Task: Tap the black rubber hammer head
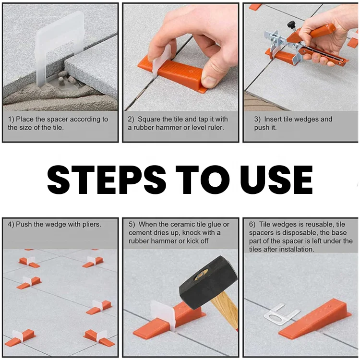(208, 286)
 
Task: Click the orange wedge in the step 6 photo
(317, 319)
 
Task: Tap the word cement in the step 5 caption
(140, 233)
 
